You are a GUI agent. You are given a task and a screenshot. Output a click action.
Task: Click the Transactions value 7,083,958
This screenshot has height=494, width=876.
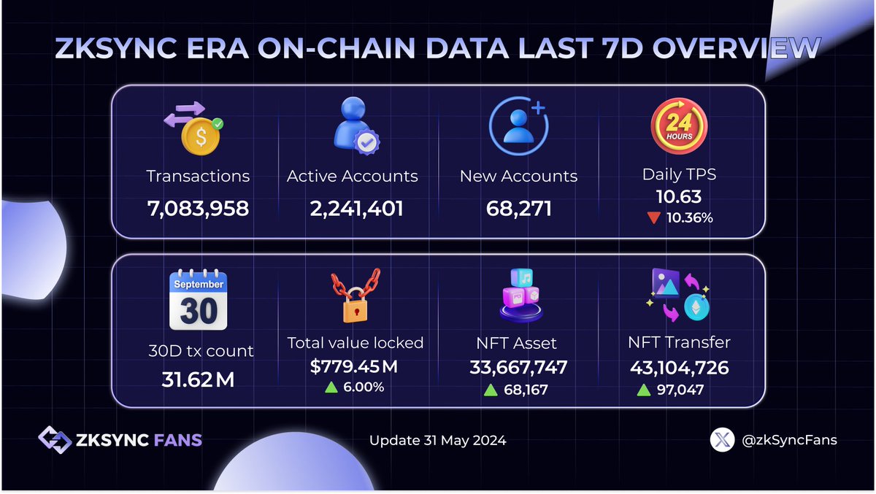[x=198, y=209]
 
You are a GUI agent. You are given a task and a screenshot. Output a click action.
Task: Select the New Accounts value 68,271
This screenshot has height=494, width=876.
[x=518, y=209]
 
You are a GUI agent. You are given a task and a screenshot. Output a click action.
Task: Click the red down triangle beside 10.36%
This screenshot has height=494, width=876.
[x=654, y=217]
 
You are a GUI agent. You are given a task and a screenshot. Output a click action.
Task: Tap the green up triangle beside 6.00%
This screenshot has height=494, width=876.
[x=331, y=387]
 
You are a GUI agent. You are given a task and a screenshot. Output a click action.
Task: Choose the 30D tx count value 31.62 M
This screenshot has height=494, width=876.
[x=198, y=379]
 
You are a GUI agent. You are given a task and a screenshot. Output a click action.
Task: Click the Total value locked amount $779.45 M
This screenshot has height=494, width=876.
[x=354, y=367]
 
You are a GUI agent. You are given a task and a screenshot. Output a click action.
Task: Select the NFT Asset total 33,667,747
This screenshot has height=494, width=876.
[x=518, y=368]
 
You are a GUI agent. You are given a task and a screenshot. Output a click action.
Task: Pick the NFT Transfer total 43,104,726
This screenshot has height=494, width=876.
[x=678, y=368]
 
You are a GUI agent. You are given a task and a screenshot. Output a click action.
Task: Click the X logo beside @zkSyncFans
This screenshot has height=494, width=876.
[x=722, y=440]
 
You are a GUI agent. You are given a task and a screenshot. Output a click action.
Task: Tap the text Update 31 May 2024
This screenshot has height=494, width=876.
[x=437, y=441]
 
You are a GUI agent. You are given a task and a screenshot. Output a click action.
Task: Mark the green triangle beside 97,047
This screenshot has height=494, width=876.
[x=643, y=390]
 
